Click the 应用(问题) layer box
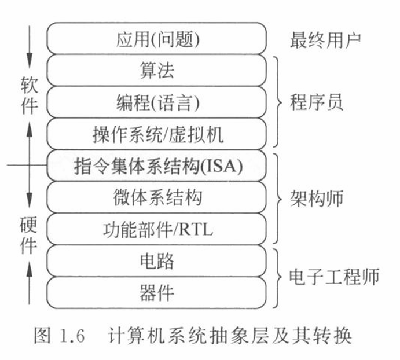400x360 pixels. pos(156,39)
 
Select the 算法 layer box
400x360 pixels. pos(156,71)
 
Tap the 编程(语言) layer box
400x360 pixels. pos(156,102)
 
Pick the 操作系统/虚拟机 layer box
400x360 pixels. pos(156,134)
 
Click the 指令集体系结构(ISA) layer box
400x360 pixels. pos(156,166)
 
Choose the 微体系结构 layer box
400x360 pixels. pos(156,198)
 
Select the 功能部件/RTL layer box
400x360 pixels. pos(156,230)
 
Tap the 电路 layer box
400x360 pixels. pos(156,261)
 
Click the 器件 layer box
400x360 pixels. pos(156,293)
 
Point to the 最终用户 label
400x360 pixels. pos(325,39)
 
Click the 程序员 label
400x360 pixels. pos(316,102)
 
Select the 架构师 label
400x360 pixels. pos(316,199)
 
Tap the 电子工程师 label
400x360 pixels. pos(334,277)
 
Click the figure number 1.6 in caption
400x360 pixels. pos(71,336)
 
